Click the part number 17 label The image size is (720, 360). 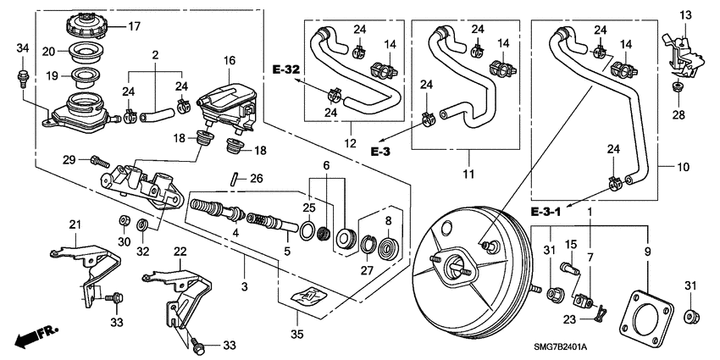click(134, 25)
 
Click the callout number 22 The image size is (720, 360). click(180, 251)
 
